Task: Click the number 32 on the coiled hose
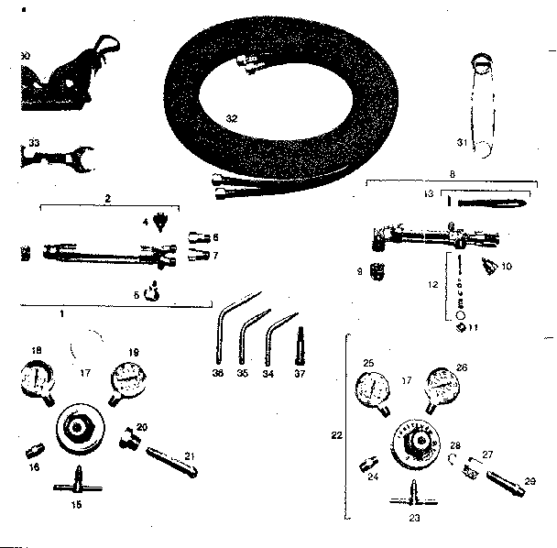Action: click(x=232, y=119)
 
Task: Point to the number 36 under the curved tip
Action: click(x=218, y=374)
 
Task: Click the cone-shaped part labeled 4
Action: click(x=162, y=223)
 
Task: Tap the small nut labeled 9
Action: click(x=374, y=273)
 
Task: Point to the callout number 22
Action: click(x=335, y=434)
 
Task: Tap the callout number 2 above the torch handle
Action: click(x=108, y=198)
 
